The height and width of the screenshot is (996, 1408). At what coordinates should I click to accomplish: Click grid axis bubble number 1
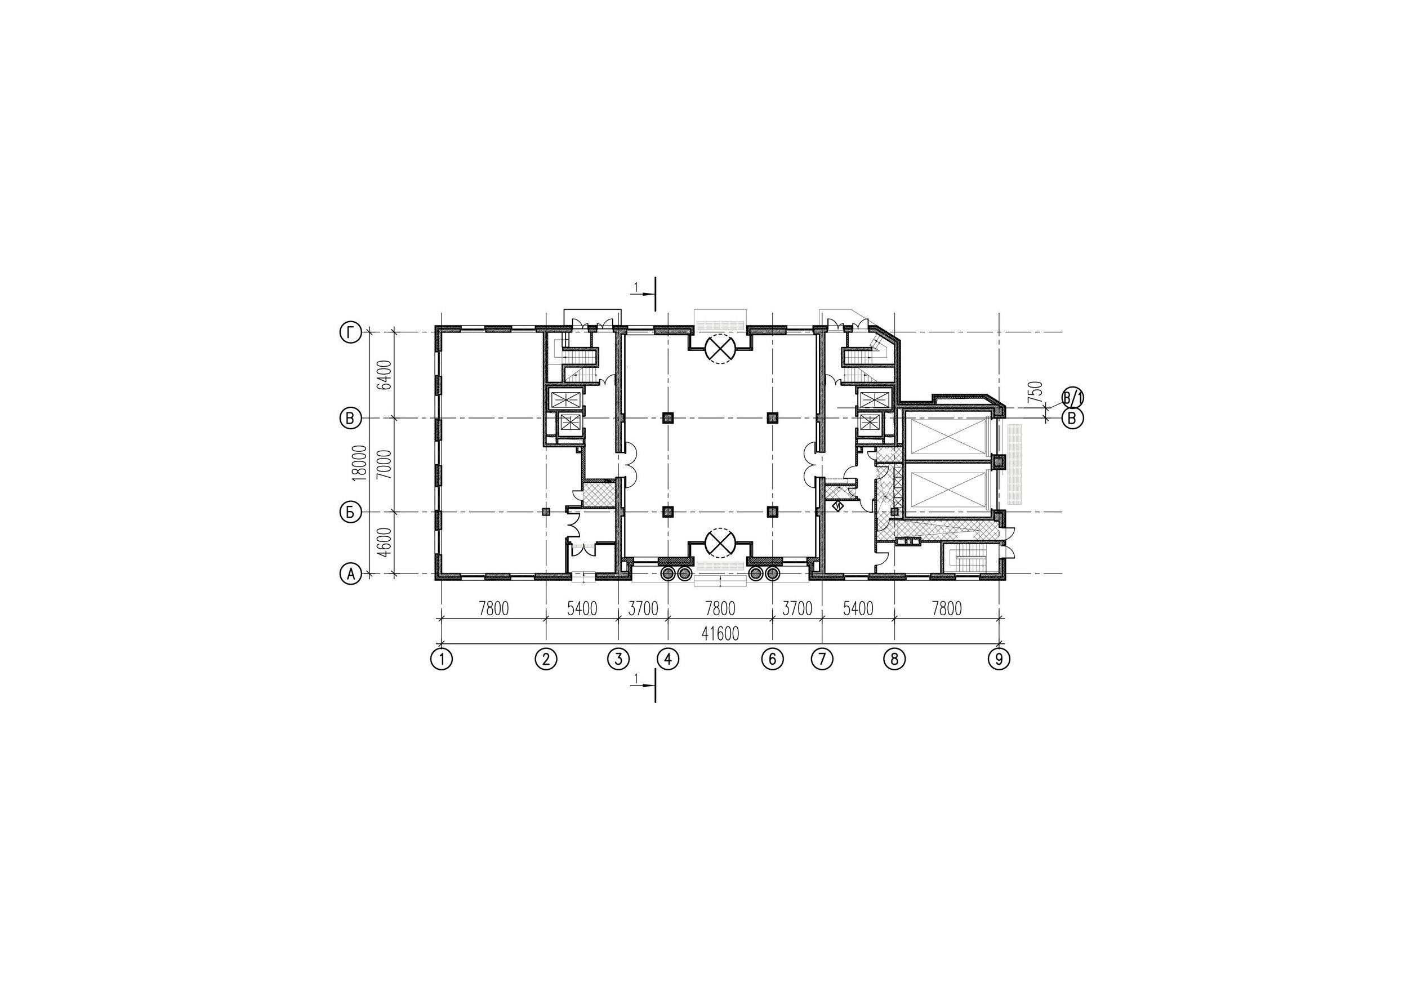[x=442, y=659]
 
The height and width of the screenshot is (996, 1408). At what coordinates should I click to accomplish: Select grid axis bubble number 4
[x=668, y=659]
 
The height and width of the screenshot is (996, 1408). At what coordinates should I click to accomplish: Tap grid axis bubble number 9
[x=1000, y=659]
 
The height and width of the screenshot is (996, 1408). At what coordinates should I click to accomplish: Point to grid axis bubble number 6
[x=772, y=659]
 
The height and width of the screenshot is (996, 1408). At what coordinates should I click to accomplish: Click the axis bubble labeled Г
[x=350, y=333]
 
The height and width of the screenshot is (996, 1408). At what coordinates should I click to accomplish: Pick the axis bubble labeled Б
[x=350, y=512]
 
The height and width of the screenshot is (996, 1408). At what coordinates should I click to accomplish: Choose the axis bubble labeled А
[x=350, y=574]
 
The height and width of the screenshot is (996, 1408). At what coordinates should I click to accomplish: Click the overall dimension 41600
[x=720, y=634]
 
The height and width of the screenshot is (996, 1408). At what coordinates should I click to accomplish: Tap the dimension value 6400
[x=385, y=375]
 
